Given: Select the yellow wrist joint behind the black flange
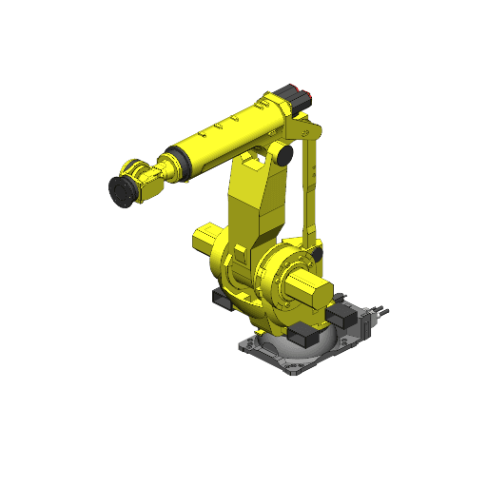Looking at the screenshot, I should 145,181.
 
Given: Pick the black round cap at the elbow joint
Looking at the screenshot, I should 283,153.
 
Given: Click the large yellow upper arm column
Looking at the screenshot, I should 255,209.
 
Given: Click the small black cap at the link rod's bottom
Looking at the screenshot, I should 315,255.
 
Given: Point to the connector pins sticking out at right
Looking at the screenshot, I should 380,308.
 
